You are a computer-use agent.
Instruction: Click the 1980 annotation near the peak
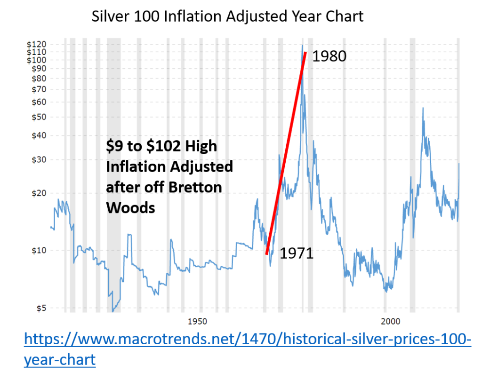pyautogui.click(x=329, y=56)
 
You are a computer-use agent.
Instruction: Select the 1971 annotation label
pyautogui.click(x=297, y=253)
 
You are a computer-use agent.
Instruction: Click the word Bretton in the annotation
pyautogui.click(x=194, y=187)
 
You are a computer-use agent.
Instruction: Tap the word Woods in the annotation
pyautogui.click(x=130, y=207)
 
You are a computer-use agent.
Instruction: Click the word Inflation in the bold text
pyautogui.click(x=135, y=166)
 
